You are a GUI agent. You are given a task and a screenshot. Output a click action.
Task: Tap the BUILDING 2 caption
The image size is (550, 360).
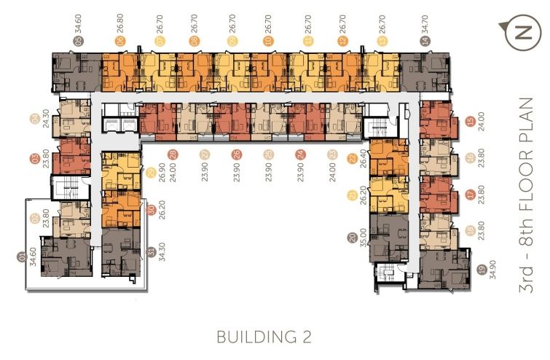tap(264, 337)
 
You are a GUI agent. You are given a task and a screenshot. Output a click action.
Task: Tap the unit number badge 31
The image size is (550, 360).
tap(151, 253)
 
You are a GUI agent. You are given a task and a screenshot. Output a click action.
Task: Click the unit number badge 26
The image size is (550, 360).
tap(236, 154)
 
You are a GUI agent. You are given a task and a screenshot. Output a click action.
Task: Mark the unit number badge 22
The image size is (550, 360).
tap(352, 158)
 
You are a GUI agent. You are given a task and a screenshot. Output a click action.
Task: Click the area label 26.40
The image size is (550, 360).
tap(352, 173)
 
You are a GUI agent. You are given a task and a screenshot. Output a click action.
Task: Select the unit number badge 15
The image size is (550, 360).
tap(471, 122)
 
